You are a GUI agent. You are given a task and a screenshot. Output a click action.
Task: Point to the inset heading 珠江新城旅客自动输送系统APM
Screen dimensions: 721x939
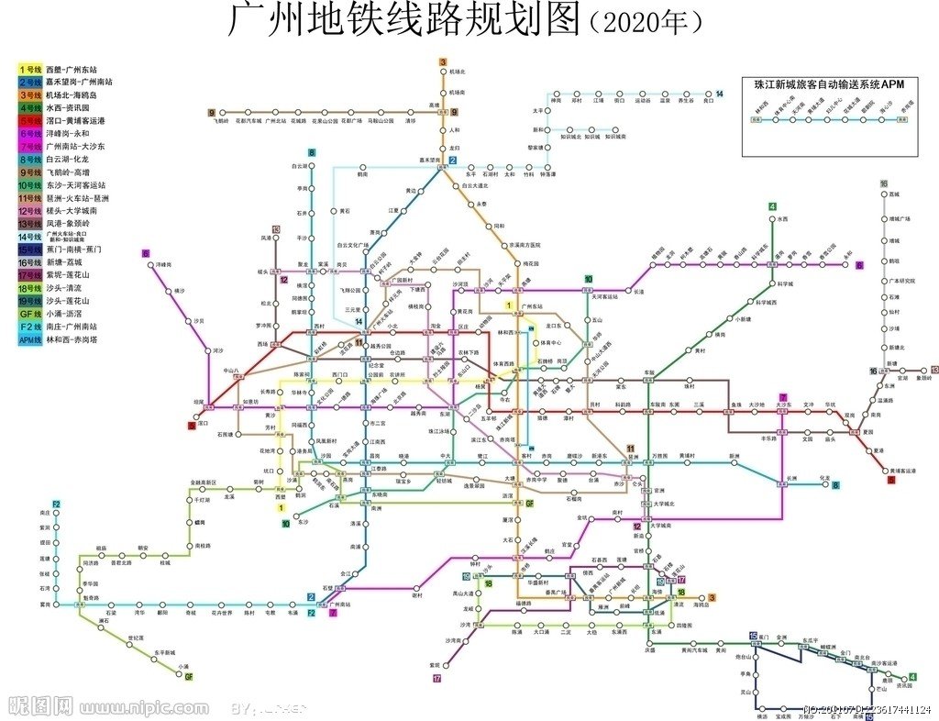tap(829, 83)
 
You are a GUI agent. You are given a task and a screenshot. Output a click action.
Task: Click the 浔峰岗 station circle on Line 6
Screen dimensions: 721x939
tap(151, 265)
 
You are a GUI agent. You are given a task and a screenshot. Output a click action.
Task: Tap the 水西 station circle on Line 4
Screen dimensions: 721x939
tap(772, 219)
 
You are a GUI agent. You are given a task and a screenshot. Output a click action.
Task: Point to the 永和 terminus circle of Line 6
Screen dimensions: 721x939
tap(846, 265)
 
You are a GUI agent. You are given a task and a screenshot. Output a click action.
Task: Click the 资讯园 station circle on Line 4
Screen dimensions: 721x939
tap(900, 678)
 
